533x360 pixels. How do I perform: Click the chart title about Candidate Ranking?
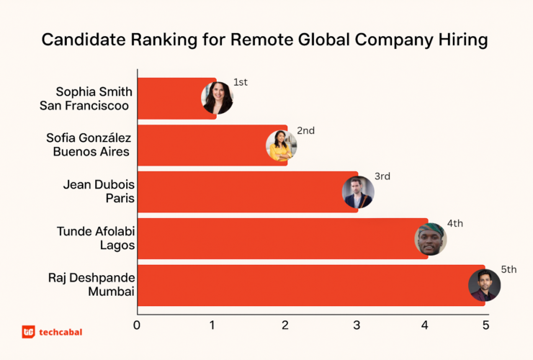264,40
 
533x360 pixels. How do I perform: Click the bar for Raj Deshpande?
303,285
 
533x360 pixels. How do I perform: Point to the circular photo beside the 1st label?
217,99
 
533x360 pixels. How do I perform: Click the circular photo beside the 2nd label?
282,145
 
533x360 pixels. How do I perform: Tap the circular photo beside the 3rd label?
358,192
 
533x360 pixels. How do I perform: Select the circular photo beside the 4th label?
431,239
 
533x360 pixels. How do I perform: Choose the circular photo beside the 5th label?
484,285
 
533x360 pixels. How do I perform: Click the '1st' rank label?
241,82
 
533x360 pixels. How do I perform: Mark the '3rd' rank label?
382,176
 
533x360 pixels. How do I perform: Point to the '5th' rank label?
509,269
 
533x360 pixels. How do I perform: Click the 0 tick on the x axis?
137,325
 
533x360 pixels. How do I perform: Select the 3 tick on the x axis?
357,325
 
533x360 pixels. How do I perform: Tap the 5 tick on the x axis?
485,325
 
